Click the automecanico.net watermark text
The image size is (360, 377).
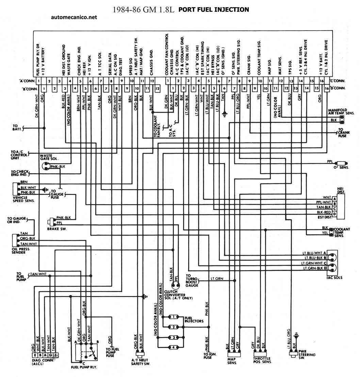click(73, 17)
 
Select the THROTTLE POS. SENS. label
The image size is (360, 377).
click(262, 361)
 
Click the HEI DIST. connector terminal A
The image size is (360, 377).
click(334, 198)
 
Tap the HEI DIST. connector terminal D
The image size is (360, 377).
click(334, 214)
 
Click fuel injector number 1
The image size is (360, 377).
click(174, 317)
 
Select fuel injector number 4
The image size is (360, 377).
click(174, 347)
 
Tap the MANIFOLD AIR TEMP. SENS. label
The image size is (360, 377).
click(341, 112)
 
